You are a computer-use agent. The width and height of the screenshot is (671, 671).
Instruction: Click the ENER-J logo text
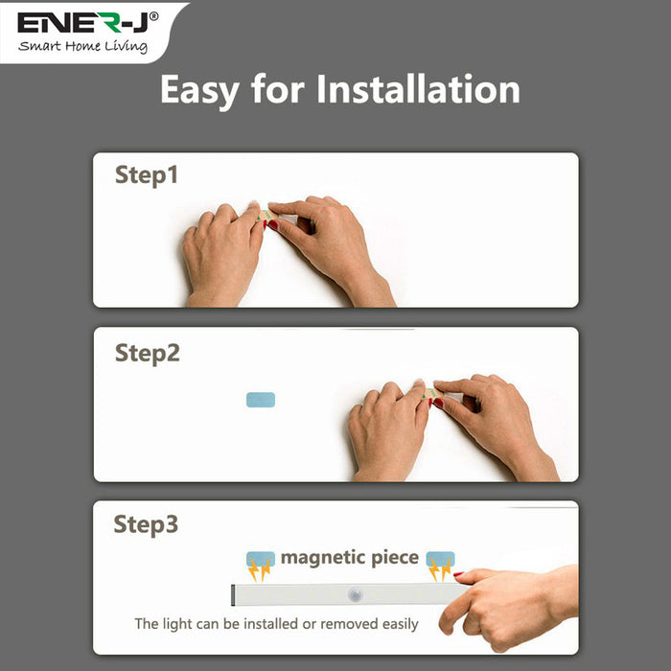point(81,21)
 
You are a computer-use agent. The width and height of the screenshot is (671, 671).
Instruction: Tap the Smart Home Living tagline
point(84,46)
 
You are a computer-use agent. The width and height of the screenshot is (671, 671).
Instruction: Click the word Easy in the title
point(198,89)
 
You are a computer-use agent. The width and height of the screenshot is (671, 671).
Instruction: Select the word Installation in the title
point(418,89)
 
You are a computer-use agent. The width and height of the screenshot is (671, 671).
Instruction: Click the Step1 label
point(147,175)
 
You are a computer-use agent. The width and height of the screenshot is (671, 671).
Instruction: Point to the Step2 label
point(148,353)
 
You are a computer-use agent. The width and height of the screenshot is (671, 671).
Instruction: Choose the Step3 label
point(146,525)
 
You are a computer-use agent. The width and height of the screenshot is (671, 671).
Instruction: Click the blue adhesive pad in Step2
point(261,399)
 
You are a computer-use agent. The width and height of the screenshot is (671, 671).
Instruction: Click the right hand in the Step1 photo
point(326,244)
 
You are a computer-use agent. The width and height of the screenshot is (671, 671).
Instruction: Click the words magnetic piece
point(349,557)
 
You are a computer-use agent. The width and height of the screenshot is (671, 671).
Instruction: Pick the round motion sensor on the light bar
point(356,593)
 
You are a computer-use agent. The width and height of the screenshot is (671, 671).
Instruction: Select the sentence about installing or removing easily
point(276,624)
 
